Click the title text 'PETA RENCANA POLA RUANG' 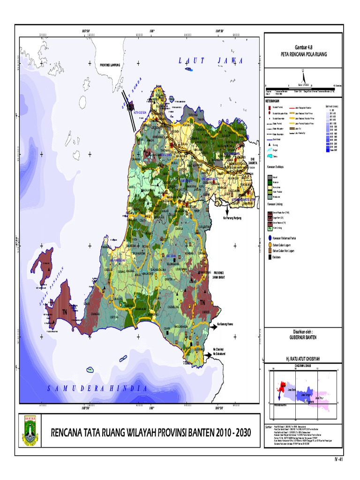(x=303, y=54)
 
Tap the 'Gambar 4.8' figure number (x=303, y=48)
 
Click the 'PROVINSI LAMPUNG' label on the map (x=111, y=65)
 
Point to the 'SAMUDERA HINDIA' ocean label (x=98, y=389)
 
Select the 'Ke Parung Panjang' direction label (x=235, y=218)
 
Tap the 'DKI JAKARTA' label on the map (x=254, y=162)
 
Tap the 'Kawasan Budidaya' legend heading (x=278, y=166)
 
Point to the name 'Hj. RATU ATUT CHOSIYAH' (x=303, y=359)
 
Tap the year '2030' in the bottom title (x=247, y=432)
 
